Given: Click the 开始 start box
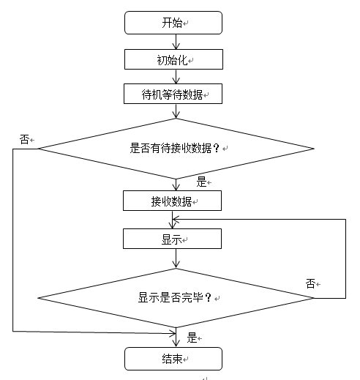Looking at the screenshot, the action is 173,23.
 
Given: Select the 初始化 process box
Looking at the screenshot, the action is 173,59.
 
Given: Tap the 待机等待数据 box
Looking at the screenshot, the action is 173,94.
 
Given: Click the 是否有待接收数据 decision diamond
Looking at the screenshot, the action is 176,149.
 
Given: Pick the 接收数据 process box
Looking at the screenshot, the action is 172,201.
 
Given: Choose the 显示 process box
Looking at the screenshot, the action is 172,239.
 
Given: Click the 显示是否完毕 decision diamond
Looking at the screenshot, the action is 176,298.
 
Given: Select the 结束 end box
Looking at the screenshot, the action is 173,359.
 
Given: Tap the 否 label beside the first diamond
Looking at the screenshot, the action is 24,140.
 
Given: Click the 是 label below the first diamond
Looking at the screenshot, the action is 201,182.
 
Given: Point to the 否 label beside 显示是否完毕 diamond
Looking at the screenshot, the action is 310,284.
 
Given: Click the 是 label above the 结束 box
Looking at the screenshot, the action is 192,338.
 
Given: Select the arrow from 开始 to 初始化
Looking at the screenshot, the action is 176,42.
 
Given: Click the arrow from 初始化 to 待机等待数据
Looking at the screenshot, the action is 176,77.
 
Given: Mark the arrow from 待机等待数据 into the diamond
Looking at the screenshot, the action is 176,111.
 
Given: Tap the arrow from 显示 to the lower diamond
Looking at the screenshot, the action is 176,258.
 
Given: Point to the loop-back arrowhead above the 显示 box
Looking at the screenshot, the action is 176,220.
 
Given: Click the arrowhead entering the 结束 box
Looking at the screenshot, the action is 176,343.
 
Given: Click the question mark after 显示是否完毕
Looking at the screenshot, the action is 208,298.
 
